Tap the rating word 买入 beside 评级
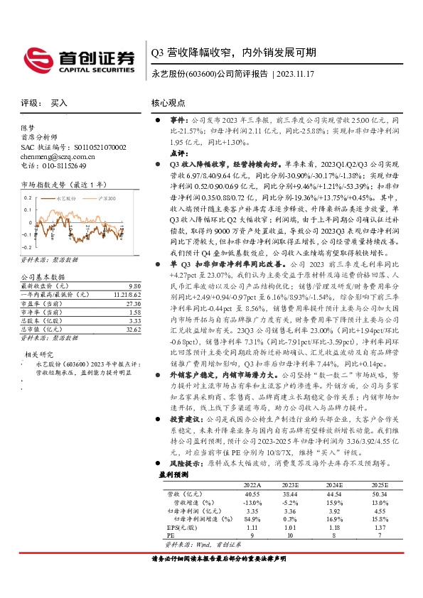59,103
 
